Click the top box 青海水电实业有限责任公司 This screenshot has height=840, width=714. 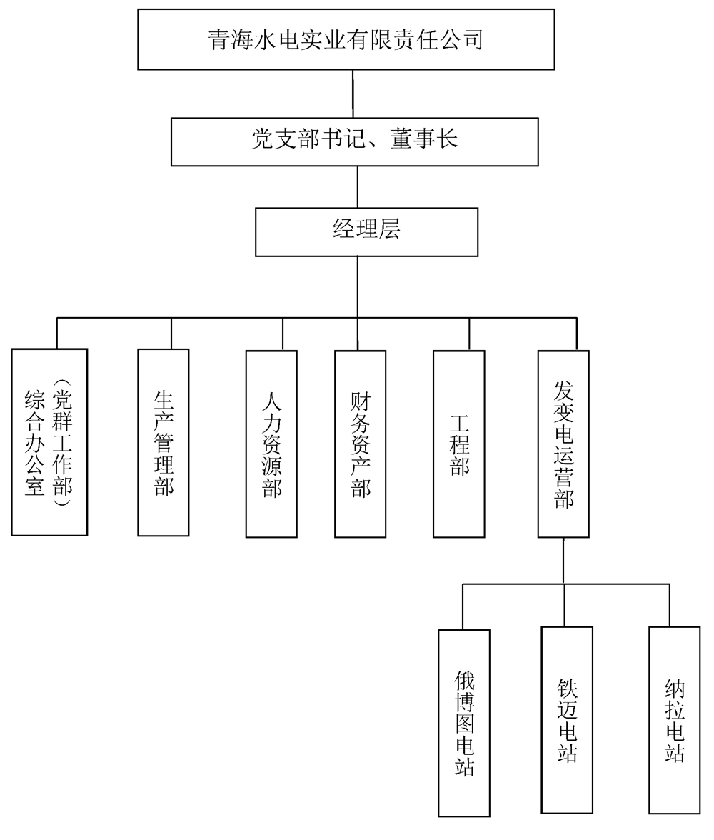pos(346,39)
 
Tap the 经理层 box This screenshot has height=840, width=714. pos(366,231)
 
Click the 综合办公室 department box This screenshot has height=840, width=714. pos(49,442)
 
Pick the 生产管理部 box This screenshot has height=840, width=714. pos(164,442)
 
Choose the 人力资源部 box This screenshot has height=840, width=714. pos(271,444)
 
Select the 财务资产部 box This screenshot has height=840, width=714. pos(360,444)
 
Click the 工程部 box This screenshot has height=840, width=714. pos(458,444)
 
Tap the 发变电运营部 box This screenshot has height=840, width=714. pos(564,444)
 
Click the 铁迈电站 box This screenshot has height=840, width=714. pos(567,720)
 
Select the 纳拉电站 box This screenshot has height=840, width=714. pos(675,720)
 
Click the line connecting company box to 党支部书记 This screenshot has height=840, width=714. pos(353,94)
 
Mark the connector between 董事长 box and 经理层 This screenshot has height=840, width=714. pos(357,187)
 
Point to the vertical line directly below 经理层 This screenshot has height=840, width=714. pos(357,286)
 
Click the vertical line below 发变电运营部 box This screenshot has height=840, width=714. pos(564,561)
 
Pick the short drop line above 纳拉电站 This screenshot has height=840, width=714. pos(670,606)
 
